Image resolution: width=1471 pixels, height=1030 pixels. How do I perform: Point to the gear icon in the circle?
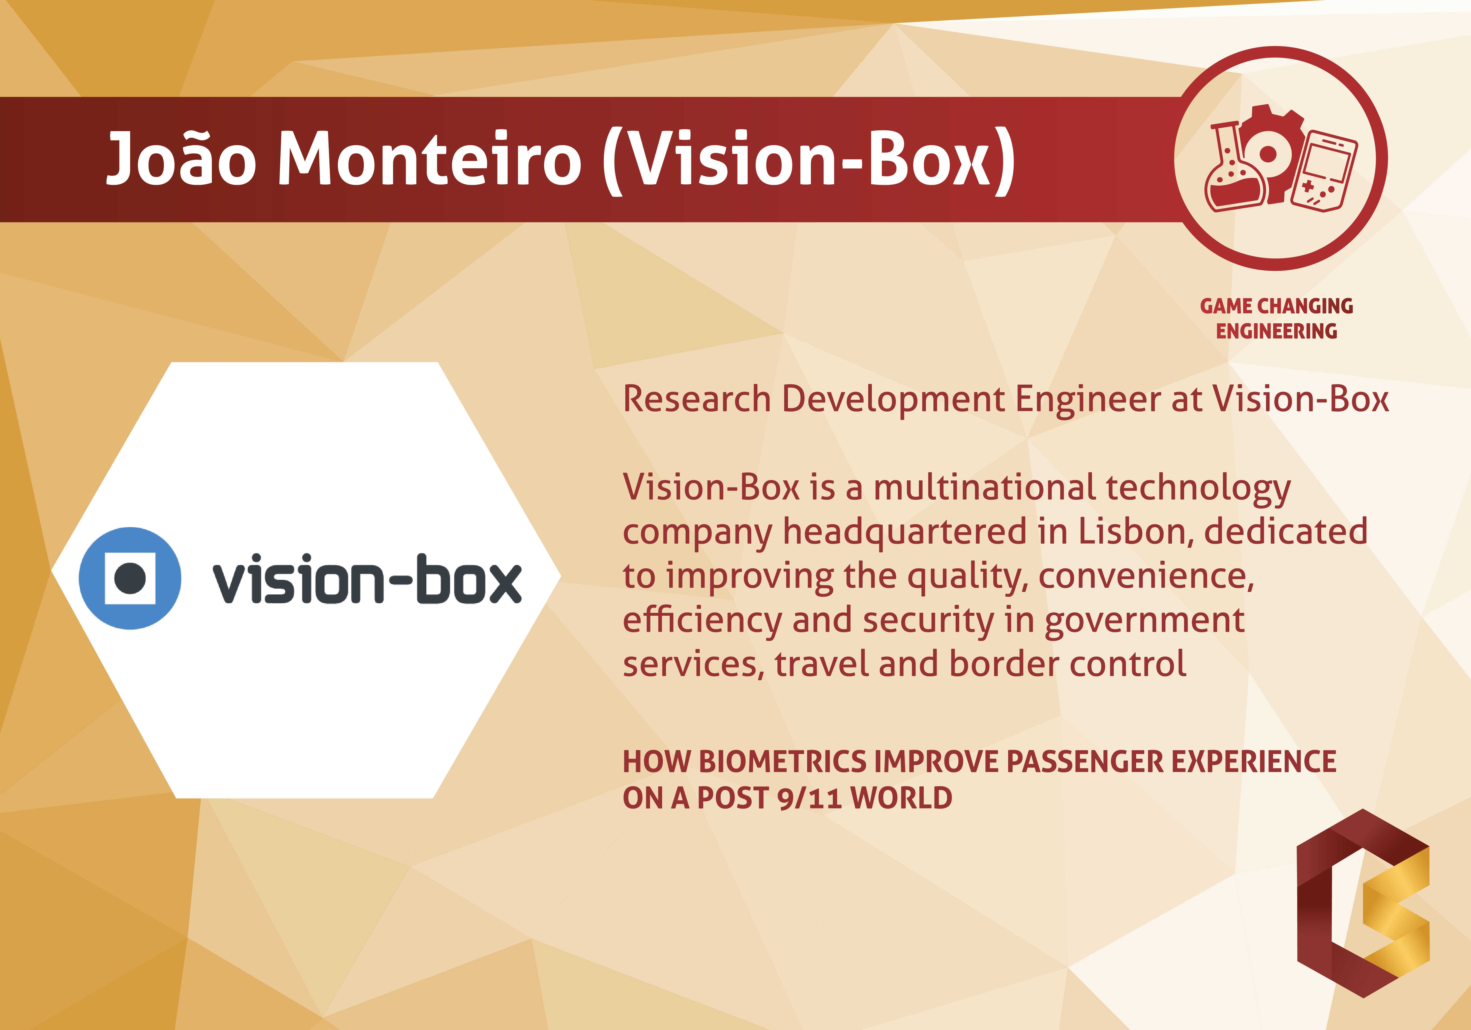point(1272,153)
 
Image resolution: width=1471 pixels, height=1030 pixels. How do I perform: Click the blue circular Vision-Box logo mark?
point(130,578)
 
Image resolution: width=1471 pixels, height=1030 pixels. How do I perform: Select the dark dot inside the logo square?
point(130,578)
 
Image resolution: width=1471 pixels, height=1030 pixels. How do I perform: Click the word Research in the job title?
point(696,399)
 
